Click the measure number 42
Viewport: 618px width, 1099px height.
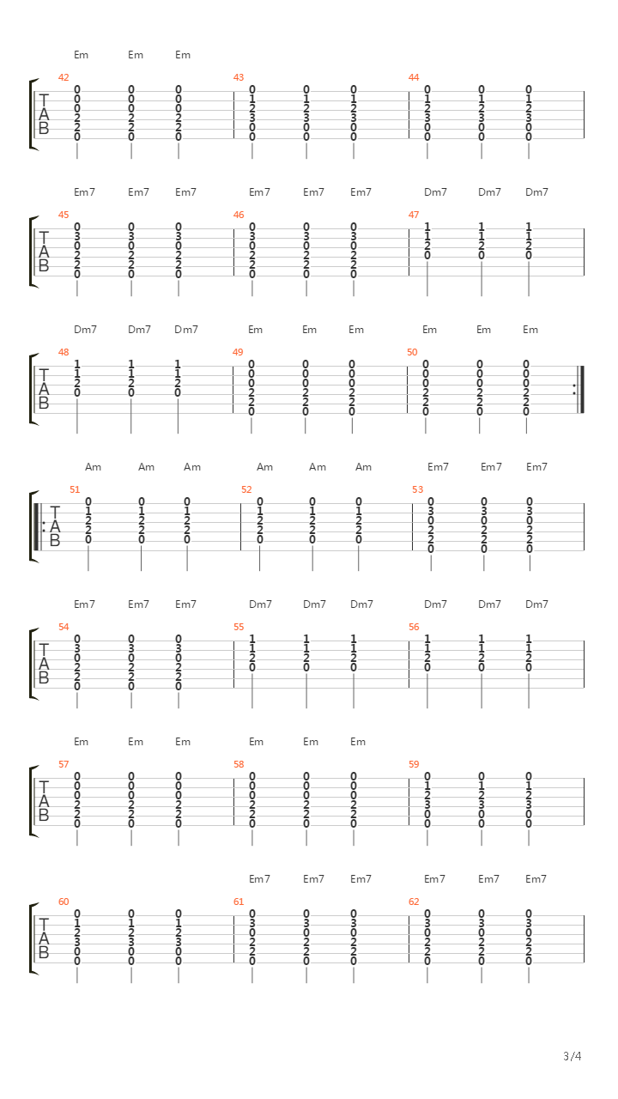click(64, 77)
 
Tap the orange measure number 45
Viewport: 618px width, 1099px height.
click(64, 215)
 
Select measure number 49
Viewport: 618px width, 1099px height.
click(238, 352)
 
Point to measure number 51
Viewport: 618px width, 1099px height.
click(75, 489)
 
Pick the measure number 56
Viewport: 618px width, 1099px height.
click(414, 627)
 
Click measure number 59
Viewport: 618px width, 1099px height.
click(414, 764)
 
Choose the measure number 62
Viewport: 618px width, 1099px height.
click(414, 902)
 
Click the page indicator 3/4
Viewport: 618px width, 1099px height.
click(573, 1056)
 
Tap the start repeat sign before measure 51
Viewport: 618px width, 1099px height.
click(39, 527)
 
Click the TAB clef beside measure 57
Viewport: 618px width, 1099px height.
click(44, 801)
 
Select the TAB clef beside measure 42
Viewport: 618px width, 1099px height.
click(44, 114)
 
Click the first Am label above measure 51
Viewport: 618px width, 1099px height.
click(94, 467)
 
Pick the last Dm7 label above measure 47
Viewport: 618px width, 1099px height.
click(536, 192)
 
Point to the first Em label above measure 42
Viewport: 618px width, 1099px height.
click(82, 55)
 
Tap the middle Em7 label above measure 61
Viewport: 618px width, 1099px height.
click(313, 879)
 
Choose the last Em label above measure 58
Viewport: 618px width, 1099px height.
click(358, 742)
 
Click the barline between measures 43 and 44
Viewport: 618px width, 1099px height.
click(409, 115)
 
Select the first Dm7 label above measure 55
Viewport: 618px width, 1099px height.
click(260, 604)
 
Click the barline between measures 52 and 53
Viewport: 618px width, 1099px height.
click(413, 527)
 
